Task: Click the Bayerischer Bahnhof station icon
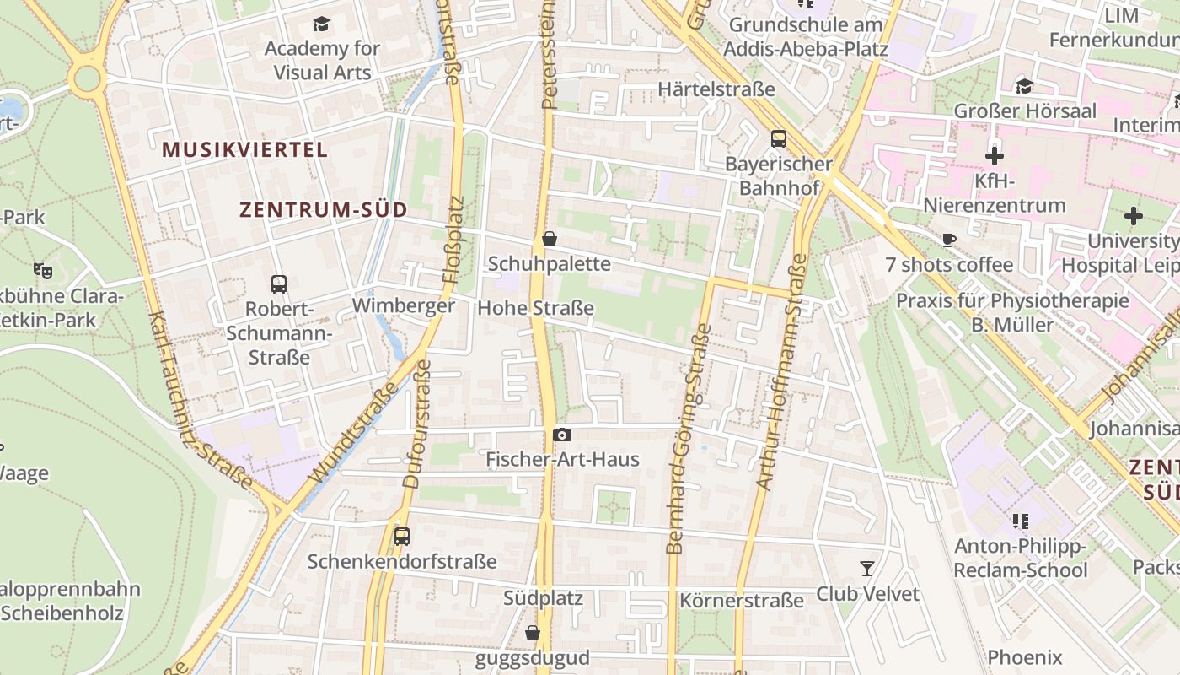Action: pyautogui.click(x=778, y=139)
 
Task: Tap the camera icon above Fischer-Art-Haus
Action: pyautogui.click(x=562, y=435)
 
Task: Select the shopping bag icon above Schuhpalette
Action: pyautogui.click(x=550, y=239)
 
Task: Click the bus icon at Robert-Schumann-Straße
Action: pyautogui.click(x=279, y=284)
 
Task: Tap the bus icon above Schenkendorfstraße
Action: pyautogui.click(x=402, y=537)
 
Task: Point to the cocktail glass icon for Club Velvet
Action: pyautogui.click(x=866, y=569)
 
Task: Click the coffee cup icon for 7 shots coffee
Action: pyautogui.click(x=949, y=240)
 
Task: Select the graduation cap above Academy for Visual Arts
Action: pyautogui.click(x=321, y=24)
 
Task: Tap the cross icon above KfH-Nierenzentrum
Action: pyautogui.click(x=995, y=156)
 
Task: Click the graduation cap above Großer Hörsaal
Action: pyautogui.click(x=1024, y=86)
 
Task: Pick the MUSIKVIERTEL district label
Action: pyautogui.click(x=244, y=150)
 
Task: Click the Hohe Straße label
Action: pyautogui.click(x=535, y=308)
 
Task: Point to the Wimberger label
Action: pyautogui.click(x=404, y=305)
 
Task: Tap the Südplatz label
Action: pyautogui.click(x=543, y=598)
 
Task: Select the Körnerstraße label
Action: pyautogui.click(x=742, y=601)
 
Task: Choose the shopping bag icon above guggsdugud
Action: pyautogui.click(x=533, y=633)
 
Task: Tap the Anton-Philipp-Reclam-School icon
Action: pyautogui.click(x=1021, y=521)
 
